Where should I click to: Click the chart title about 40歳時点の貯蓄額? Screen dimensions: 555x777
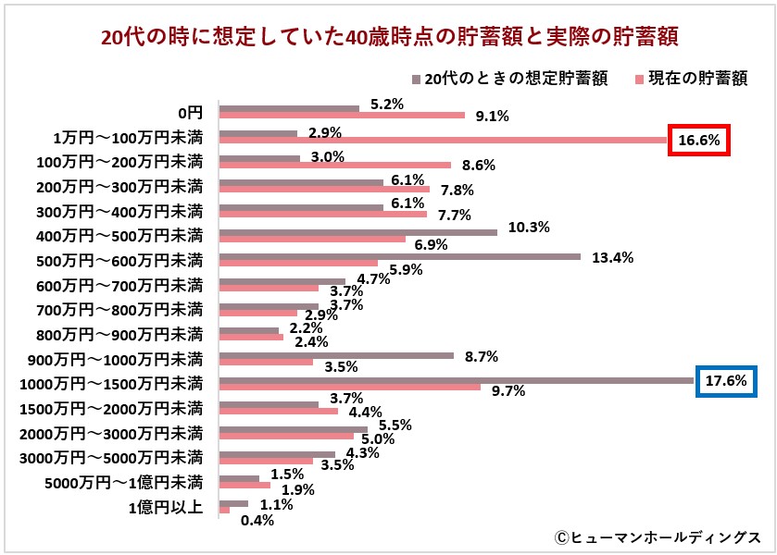(388, 37)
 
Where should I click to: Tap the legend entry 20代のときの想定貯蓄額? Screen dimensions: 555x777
(515, 80)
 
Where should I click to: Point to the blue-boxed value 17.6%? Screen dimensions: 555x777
(726, 381)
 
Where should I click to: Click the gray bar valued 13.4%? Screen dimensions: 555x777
(399, 257)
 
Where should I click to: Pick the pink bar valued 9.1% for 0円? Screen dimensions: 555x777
(341, 116)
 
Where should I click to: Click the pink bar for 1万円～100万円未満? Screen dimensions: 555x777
(443, 141)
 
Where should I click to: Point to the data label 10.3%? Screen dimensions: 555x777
(531, 227)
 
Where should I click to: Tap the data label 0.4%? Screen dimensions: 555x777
(257, 520)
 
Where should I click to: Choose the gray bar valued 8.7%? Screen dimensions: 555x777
(336, 355)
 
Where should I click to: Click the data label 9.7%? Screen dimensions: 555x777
(508, 391)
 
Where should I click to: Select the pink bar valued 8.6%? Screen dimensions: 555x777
(334, 165)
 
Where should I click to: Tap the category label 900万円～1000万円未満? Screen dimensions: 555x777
(120, 358)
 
